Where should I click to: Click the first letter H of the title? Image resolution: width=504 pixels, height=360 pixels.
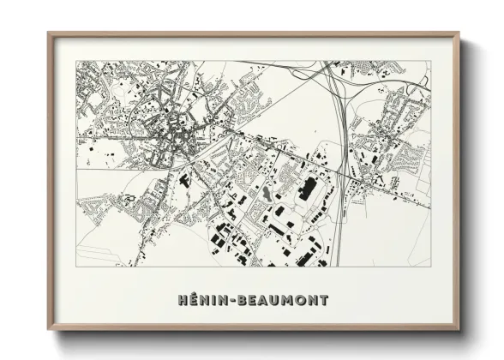(x=182, y=301)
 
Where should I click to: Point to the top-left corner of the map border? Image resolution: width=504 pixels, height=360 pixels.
(x=77, y=61)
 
